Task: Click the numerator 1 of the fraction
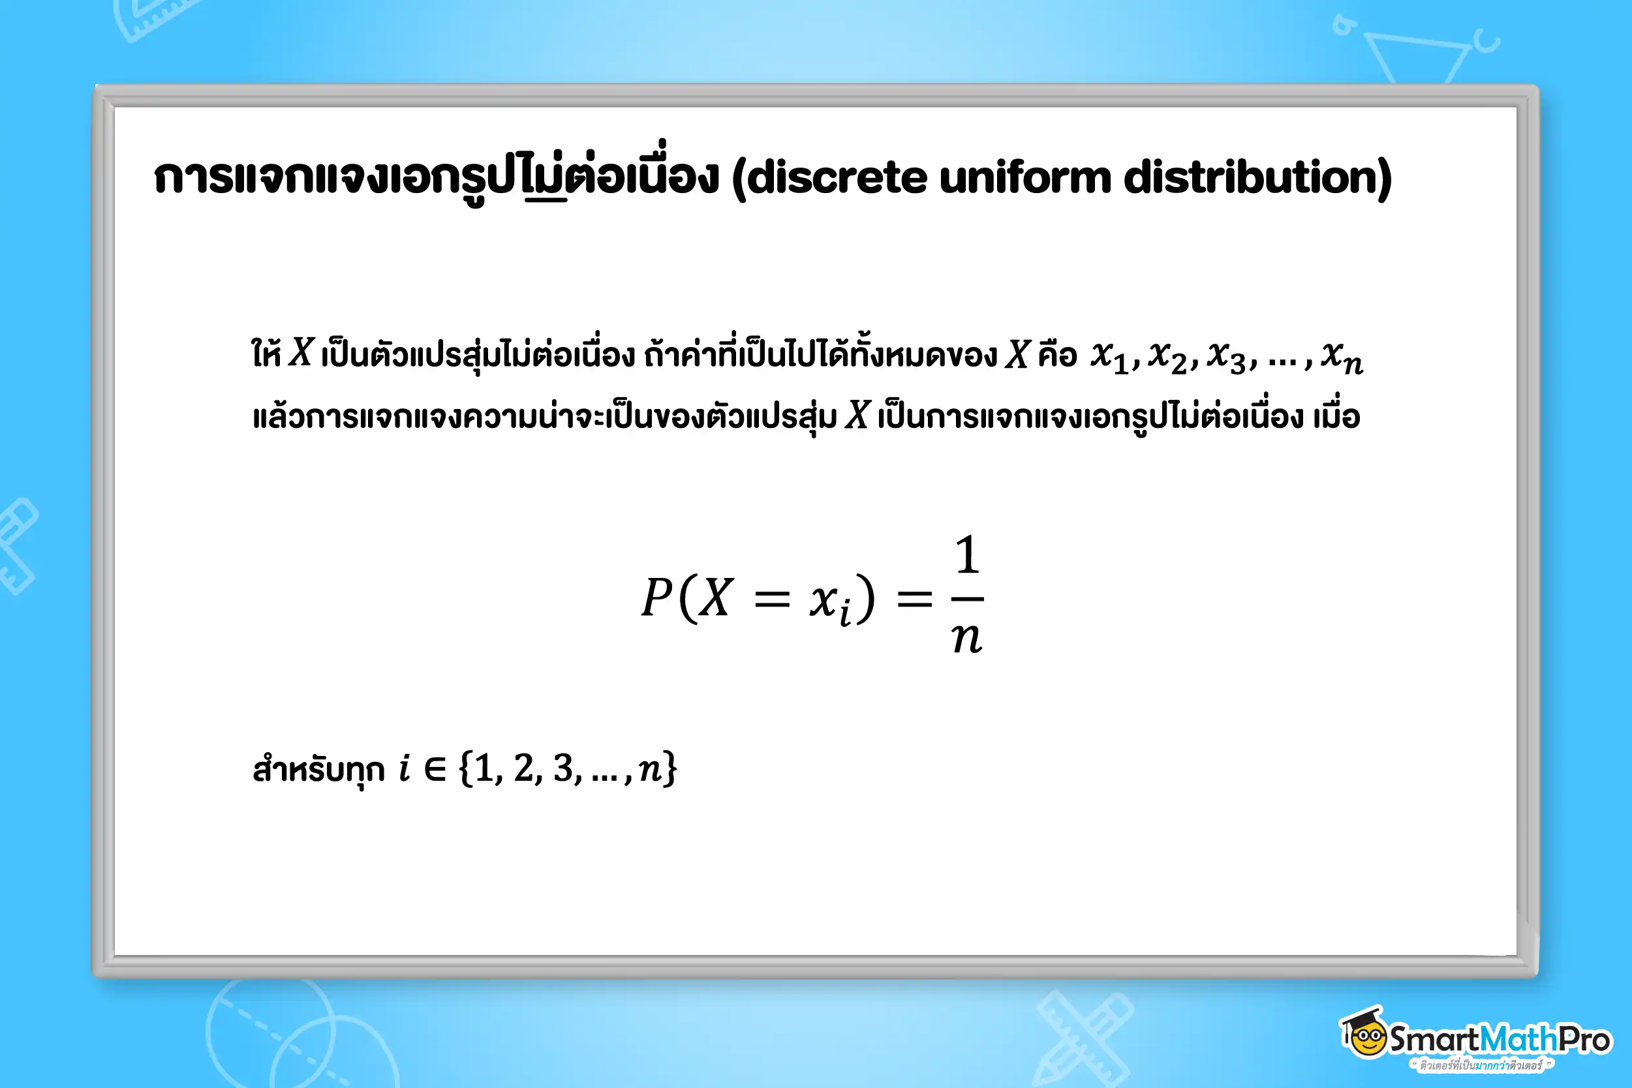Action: click(x=968, y=555)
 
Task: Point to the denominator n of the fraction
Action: click(x=967, y=638)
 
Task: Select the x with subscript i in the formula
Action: click(x=830, y=603)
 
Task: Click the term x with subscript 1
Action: click(x=1109, y=357)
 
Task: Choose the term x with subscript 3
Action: click(x=1227, y=357)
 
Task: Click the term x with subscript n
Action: click(x=1342, y=357)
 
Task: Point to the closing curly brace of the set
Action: click(x=670, y=768)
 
